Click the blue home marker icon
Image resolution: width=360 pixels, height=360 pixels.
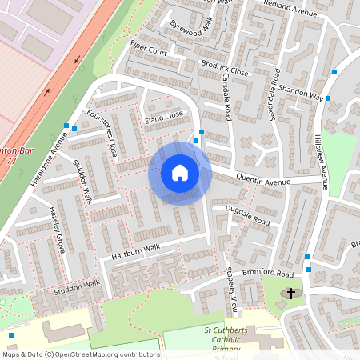click(180, 173)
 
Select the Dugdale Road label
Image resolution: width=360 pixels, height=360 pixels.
click(248, 214)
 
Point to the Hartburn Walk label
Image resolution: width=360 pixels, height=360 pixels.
click(136, 250)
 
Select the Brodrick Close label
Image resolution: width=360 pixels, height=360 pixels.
click(225, 70)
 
